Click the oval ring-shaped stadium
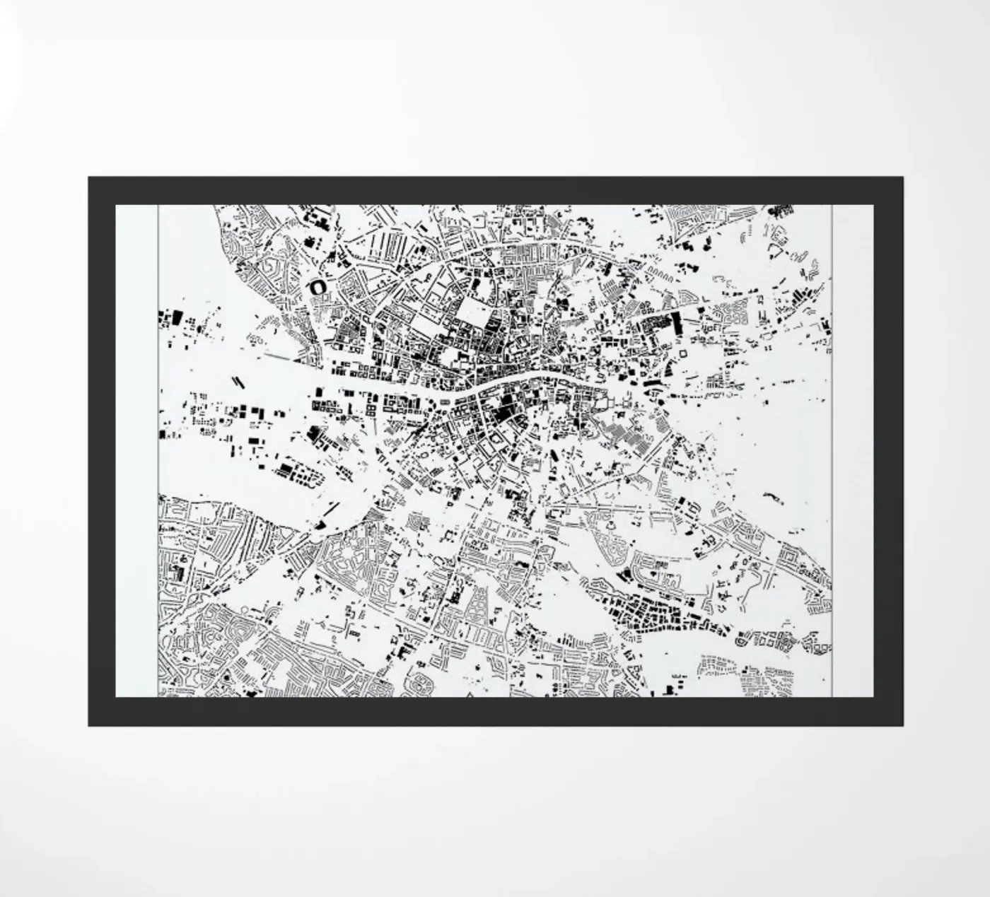coord(318,287)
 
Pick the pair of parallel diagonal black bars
coord(238,381)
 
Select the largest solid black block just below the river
coord(503,409)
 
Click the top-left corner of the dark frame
coord(90,179)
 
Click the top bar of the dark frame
coord(495,190)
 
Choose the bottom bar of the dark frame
coord(495,711)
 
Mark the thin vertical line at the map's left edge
coord(158,452)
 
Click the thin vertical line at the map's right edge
coord(832,452)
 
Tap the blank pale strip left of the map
coord(136,452)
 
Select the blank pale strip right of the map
coord(853,452)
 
